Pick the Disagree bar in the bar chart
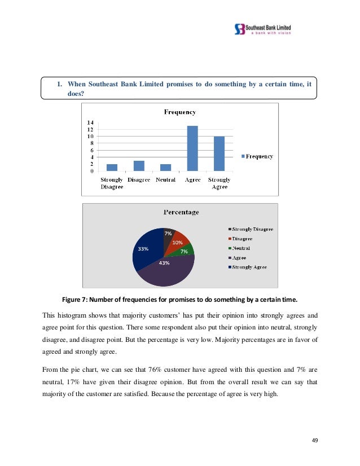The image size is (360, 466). click(x=139, y=166)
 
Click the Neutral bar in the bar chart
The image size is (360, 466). click(x=165, y=168)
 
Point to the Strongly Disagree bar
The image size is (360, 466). click(x=112, y=168)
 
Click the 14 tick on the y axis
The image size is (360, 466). click(x=90, y=122)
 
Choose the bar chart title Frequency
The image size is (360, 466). click(x=179, y=112)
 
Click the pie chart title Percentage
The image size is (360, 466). click(x=181, y=212)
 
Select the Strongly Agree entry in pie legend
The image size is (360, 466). click(x=249, y=267)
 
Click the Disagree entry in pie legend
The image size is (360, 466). click(x=243, y=239)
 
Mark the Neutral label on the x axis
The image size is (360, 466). click(x=165, y=180)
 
